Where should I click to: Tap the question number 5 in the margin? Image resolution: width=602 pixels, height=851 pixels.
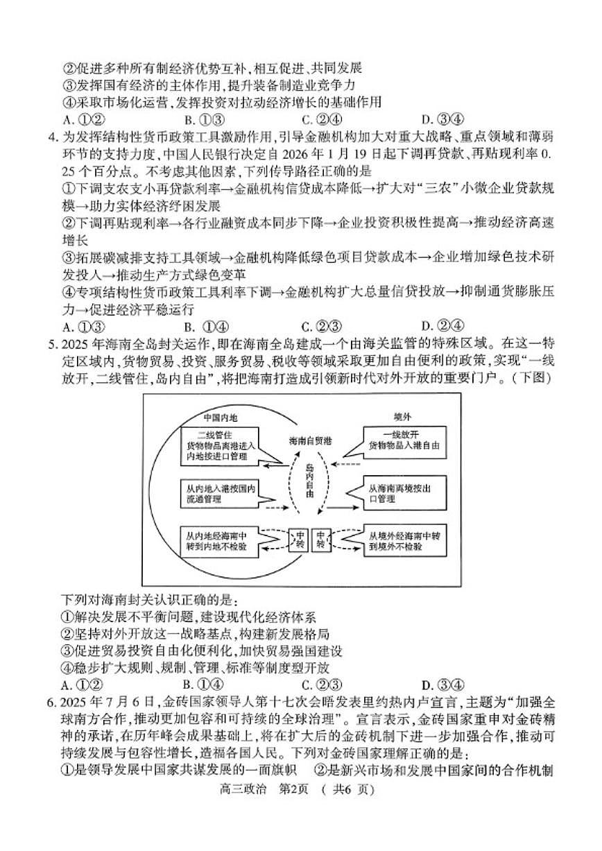click(52, 344)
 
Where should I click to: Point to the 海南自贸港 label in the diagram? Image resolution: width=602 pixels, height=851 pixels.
click(309, 440)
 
